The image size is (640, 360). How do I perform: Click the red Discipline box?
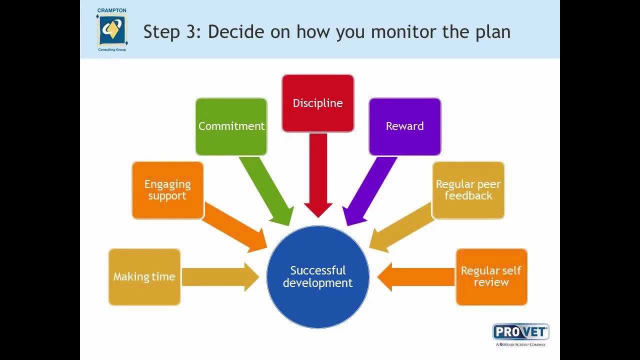point(317,103)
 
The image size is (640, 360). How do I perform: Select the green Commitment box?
point(231,126)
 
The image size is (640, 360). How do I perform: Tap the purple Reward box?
point(404,126)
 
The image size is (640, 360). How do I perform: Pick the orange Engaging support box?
point(167,190)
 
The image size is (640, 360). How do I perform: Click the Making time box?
point(144,276)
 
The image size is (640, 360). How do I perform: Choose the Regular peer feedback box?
point(468,190)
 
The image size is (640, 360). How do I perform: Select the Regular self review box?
point(491,276)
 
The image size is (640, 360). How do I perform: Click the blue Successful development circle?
point(317,276)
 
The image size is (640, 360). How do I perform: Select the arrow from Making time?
point(220,276)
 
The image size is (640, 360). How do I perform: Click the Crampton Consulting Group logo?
point(111,30)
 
